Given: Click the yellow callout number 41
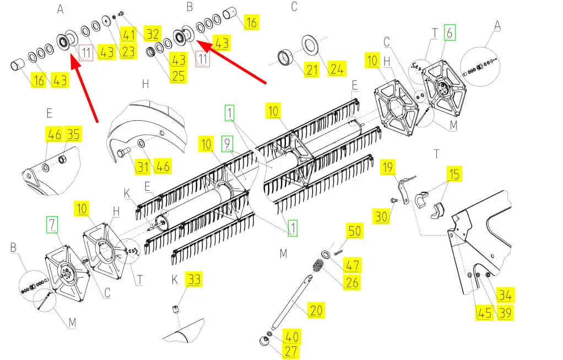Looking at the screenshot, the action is [x=128, y=35].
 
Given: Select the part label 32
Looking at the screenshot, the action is [x=153, y=34].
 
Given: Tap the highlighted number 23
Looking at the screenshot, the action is [x=128, y=51].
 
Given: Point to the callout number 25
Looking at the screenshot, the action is [x=178, y=76].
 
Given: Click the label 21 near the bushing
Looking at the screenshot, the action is [x=312, y=69].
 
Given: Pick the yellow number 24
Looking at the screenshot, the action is [x=337, y=68].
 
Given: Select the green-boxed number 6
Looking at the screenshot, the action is [x=450, y=33].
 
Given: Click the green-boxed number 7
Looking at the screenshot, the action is [x=52, y=224].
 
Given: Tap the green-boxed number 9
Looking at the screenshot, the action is [x=227, y=144].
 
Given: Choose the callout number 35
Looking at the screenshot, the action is [x=73, y=134].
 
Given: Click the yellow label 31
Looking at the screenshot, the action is [x=143, y=166].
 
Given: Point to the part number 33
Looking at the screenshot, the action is [x=194, y=279].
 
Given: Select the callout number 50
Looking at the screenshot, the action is [x=355, y=230].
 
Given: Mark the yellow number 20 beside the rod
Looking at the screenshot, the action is [x=316, y=310].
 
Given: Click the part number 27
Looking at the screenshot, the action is [x=291, y=351].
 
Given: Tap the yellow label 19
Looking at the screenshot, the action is [x=388, y=167].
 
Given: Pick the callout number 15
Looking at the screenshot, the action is [x=454, y=174].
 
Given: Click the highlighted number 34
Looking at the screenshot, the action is [x=505, y=295].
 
